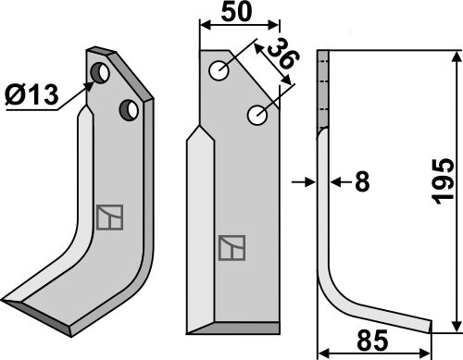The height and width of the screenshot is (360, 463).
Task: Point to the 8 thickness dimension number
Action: coord(361,182)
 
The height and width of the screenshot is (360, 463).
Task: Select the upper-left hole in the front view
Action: coord(219,70)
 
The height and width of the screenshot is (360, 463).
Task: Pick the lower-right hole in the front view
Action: coord(257,116)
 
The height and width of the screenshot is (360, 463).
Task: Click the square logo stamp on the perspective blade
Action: coord(107,216)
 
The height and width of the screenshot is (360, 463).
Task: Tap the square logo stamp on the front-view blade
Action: coord(230,247)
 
